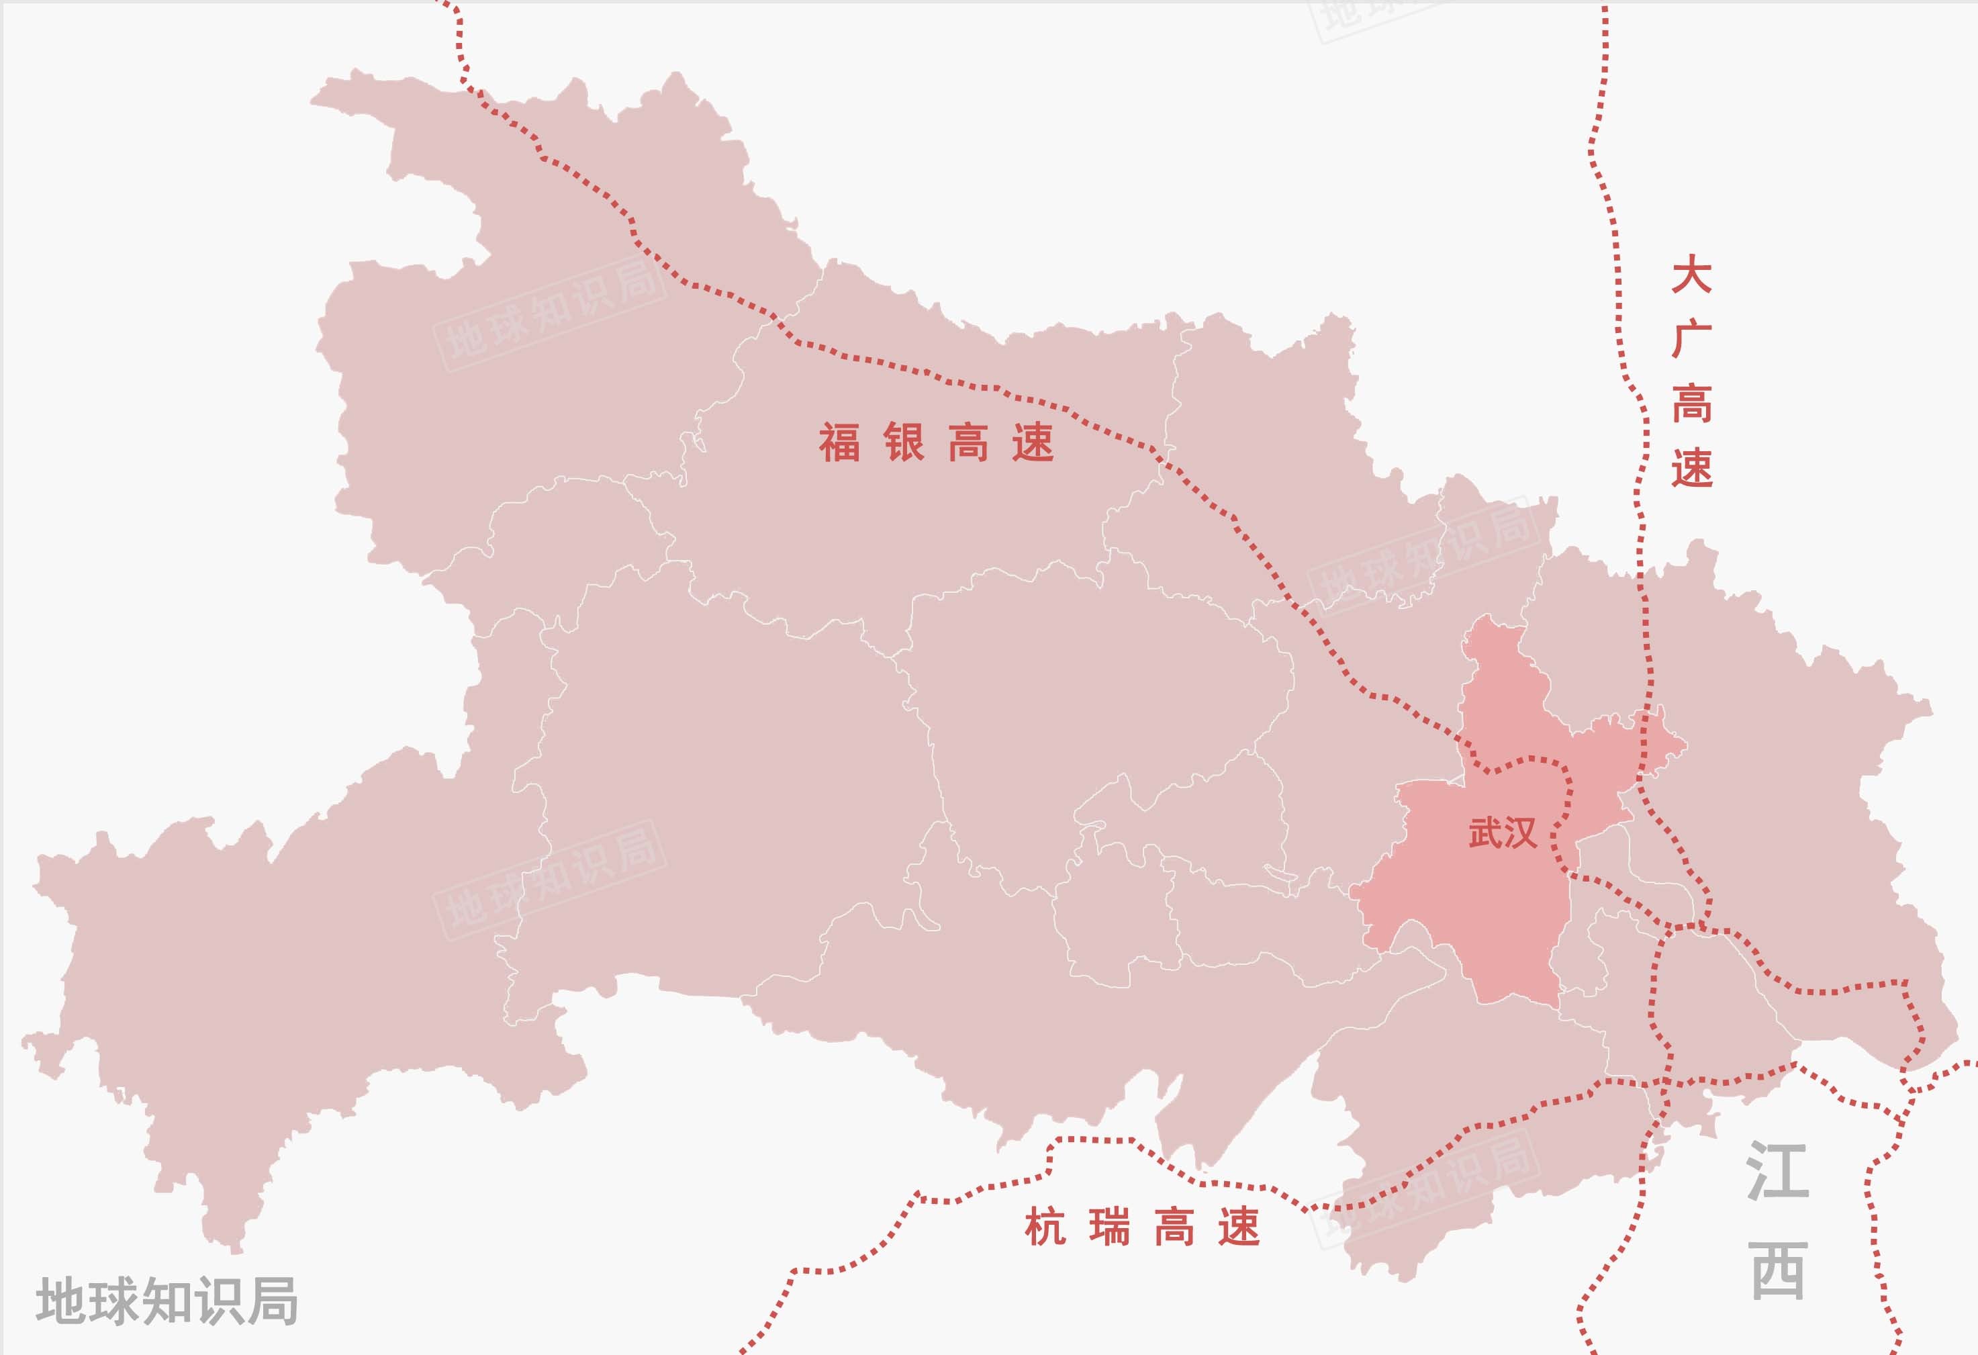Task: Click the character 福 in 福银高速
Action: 839,442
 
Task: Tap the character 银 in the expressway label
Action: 904,442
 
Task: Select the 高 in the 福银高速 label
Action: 969,442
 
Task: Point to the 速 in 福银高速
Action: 1033,442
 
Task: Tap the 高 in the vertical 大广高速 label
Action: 1691,404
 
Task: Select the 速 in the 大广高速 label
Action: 1691,467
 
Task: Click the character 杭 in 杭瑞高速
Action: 1045,1228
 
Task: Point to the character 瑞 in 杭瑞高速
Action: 1110,1228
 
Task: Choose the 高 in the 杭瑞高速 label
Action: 1174,1228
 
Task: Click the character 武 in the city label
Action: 1485,833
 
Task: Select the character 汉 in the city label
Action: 1520,833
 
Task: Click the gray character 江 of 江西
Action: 1778,1171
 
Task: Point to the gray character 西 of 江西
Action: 1779,1270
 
